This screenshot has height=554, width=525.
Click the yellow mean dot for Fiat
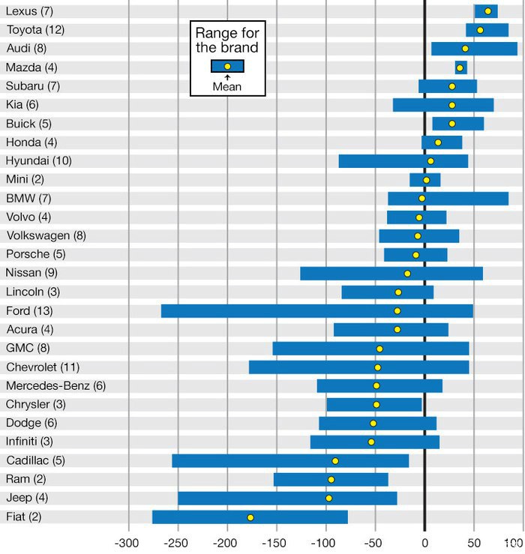pos(250,517)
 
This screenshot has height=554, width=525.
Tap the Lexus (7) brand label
pos(28,11)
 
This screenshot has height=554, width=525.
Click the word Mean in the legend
pos(226,86)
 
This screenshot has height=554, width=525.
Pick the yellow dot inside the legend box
pos(227,66)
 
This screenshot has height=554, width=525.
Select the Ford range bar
pos(316,311)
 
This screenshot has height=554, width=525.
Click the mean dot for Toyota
pos(480,30)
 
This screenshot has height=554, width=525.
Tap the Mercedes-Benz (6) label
pos(55,385)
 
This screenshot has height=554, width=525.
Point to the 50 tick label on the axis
pos(474,541)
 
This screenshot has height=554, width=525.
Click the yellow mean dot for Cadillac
pos(335,461)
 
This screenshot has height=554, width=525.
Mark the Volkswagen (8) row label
pos(46,235)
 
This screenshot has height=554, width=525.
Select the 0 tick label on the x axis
pos(424,541)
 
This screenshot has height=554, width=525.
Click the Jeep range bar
pos(287,499)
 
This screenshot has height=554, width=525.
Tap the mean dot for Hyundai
pos(430,161)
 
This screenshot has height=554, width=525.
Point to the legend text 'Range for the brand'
pos(226,40)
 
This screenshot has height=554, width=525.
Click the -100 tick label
pos(325,541)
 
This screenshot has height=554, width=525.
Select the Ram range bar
pos(331,480)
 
